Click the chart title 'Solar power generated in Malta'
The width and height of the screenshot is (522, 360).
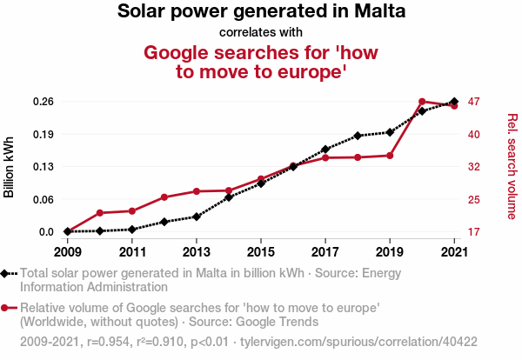tap(261, 12)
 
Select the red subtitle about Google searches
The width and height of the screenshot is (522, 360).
tap(261, 62)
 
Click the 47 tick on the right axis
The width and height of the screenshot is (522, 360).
tap(474, 102)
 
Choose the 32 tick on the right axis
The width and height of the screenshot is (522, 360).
tap(474, 167)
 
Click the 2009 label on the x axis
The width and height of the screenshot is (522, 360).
tap(68, 252)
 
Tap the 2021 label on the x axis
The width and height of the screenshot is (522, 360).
tap(454, 252)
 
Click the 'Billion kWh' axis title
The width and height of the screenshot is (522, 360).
tap(10, 167)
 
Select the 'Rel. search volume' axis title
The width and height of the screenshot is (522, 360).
tap(512, 167)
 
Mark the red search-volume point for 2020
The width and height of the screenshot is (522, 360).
tap(422, 102)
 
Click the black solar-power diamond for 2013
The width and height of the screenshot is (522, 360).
tap(197, 217)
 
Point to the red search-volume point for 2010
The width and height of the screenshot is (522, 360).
tap(100, 213)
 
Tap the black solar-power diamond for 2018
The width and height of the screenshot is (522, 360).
tap(358, 136)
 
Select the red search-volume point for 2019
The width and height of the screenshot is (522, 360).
tap(390, 156)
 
